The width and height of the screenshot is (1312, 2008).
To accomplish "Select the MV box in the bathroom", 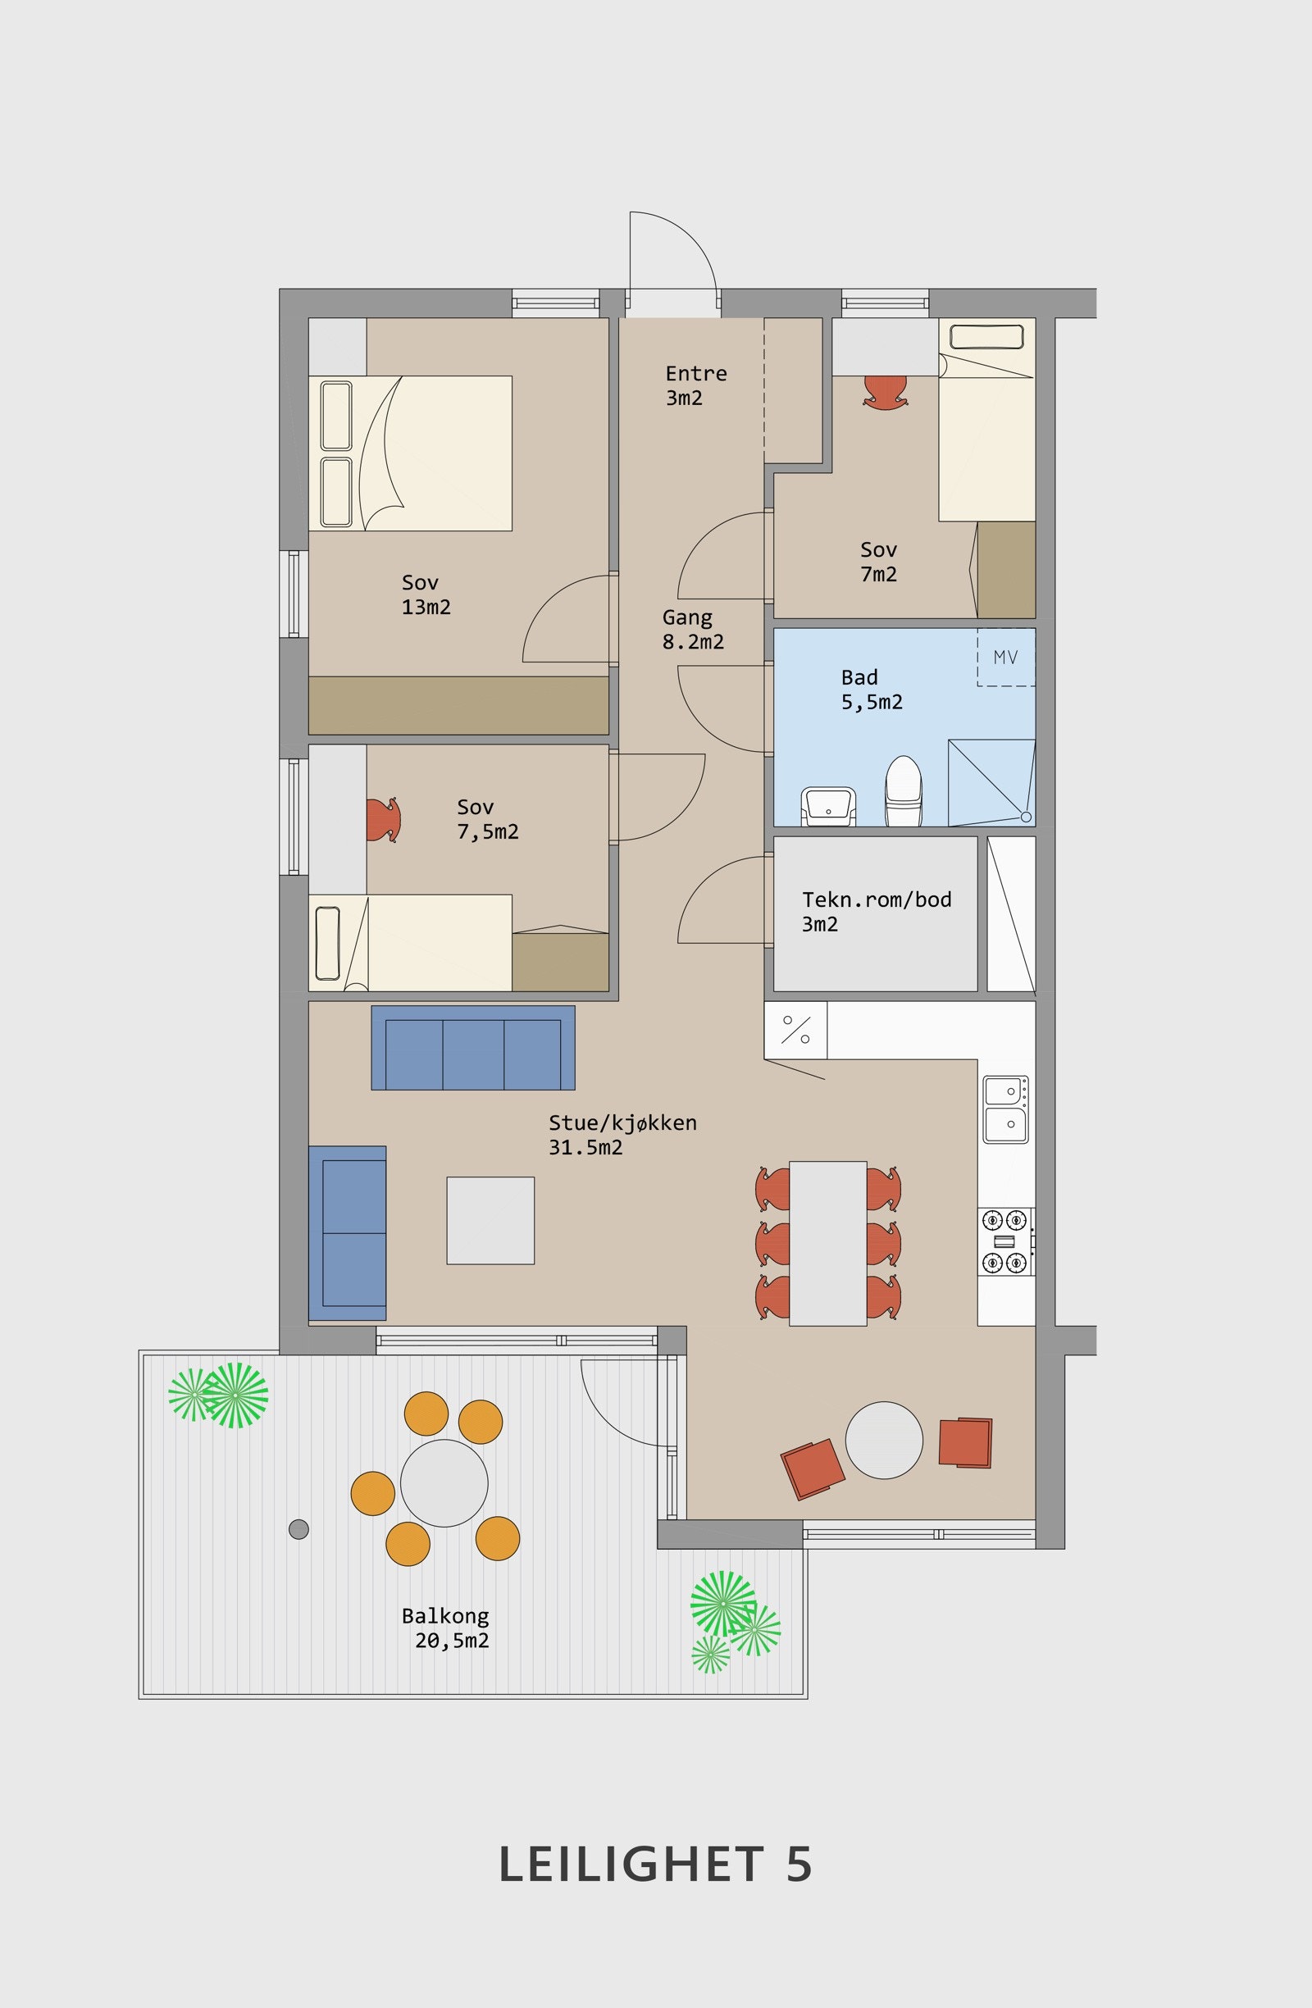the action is pos(1005,657).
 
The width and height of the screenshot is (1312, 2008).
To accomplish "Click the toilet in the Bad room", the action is pos(904,790).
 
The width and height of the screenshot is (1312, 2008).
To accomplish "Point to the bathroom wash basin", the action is pos(828,806).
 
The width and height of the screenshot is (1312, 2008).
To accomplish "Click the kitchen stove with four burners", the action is pos(1005,1241).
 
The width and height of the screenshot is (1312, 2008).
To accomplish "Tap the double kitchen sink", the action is pos(1005,1109).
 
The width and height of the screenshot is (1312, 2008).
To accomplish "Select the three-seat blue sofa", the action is pos(473,1047).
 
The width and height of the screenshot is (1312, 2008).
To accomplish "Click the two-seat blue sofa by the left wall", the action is pos(348,1232).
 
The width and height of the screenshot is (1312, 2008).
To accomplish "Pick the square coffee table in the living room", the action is pos(490,1220).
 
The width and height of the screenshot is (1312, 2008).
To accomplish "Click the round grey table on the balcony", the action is pos(444,1483).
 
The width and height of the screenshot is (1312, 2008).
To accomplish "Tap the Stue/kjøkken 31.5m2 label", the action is pos(622,1135).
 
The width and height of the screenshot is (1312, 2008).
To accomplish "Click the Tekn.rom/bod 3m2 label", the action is pos(877,911).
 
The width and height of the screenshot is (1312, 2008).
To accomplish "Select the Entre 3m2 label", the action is pos(696,385).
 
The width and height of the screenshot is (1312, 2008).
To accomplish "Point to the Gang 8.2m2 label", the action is pos(693,630).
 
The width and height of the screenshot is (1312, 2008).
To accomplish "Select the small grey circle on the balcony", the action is pos(298,1529).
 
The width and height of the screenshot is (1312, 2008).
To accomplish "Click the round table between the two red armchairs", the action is pos(884,1440).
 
